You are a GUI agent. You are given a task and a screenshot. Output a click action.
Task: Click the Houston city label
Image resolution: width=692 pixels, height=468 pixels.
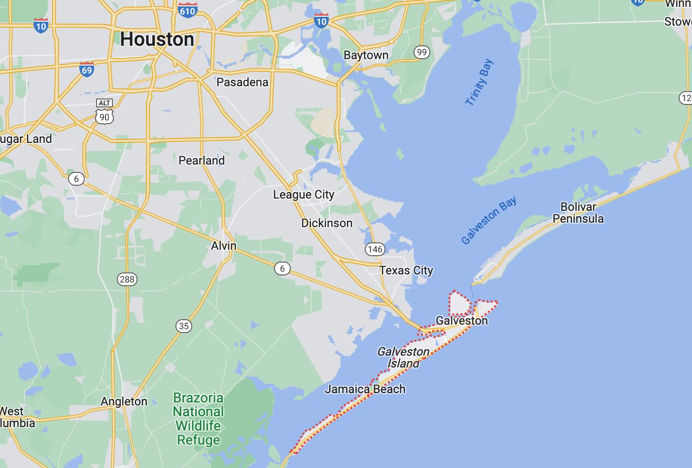[157, 39]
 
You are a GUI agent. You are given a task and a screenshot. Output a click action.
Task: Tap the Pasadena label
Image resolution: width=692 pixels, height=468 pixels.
[242, 82]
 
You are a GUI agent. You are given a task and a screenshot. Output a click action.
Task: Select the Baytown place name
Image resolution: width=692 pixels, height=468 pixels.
[366, 55]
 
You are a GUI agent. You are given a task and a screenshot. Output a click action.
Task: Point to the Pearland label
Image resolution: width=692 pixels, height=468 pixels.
[202, 161]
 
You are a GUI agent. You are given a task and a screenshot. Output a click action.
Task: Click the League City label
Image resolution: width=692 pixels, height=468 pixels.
[304, 195]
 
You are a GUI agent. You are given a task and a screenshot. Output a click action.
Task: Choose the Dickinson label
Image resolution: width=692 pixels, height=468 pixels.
[327, 223]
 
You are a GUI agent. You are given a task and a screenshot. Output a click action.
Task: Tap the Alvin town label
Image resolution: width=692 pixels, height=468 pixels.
[224, 246]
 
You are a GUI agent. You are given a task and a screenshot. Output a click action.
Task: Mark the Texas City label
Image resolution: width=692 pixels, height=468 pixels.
[406, 270]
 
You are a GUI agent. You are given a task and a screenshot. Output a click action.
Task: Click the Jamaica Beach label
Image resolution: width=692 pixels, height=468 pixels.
[365, 389]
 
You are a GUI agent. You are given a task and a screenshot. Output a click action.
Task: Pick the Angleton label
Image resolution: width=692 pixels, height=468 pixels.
[124, 401]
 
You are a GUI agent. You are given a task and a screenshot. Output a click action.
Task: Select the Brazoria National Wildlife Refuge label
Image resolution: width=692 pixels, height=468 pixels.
[198, 419]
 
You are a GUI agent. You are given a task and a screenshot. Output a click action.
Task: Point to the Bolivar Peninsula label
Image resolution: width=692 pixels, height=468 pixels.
[578, 213]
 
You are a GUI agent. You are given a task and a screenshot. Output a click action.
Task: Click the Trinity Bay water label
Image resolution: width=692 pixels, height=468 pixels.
[479, 82]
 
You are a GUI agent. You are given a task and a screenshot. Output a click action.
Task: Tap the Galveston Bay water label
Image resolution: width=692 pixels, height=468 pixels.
[489, 220]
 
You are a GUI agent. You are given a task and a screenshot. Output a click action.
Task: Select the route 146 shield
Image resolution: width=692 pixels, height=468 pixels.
[375, 249]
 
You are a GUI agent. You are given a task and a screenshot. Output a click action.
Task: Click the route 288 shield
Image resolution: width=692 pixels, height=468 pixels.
[127, 279]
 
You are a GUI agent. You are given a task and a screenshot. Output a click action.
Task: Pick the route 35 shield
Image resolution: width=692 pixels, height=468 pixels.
[184, 326]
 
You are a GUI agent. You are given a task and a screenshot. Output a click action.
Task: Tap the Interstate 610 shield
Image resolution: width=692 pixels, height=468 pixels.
[188, 9]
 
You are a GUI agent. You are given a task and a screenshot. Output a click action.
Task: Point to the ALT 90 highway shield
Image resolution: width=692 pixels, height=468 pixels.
[104, 111]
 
